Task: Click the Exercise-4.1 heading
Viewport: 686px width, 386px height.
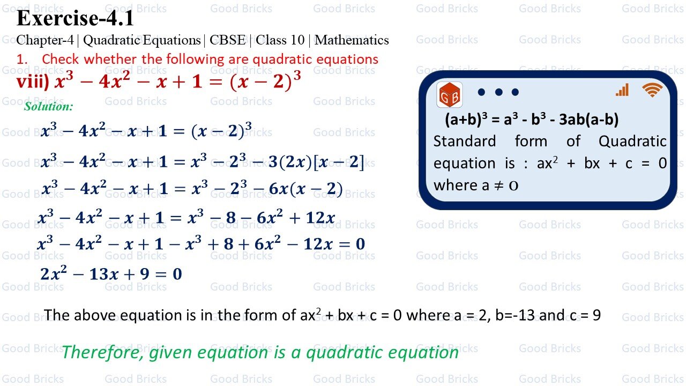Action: click(75, 18)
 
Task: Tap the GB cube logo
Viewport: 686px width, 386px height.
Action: click(450, 95)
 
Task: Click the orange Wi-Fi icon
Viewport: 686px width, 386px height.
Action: click(652, 91)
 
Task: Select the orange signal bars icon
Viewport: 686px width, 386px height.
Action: click(622, 91)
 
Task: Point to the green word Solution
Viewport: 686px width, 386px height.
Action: click(48, 106)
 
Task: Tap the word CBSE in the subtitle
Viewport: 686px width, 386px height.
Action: click(227, 40)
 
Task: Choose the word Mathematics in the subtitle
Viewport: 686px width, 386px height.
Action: click(352, 40)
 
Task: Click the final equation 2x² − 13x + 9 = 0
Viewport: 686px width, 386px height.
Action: click(111, 274)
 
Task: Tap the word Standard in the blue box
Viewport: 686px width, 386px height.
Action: click(465, 142)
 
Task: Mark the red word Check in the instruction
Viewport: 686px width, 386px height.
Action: click(61, 59)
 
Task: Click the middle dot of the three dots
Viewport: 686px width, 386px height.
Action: click(498, 92)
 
